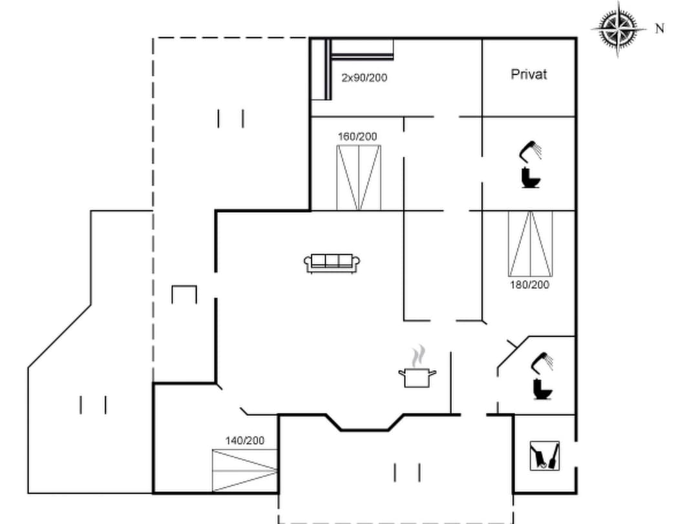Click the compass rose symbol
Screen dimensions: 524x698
coord(619,28)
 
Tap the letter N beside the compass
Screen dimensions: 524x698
coord(659,28)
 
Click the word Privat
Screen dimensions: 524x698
coord(529,74)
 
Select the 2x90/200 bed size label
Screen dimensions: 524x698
coord(364,78)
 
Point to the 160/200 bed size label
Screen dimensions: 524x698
coord(357,136)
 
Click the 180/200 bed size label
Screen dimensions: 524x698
coord(529,284)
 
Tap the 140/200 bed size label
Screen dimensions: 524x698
coord(244,441)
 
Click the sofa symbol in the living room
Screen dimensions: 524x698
coord(332,263)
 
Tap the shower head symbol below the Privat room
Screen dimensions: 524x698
coord(531,151)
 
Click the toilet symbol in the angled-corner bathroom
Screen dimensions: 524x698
coord(540,389)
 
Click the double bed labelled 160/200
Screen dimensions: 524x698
coord(358,178)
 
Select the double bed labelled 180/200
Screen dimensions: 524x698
coord(530,243)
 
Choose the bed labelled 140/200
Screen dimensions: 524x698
coord(245,470)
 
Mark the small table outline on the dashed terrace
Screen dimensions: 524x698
coord(184,294)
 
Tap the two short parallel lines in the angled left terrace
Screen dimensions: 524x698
coord(92,405)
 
